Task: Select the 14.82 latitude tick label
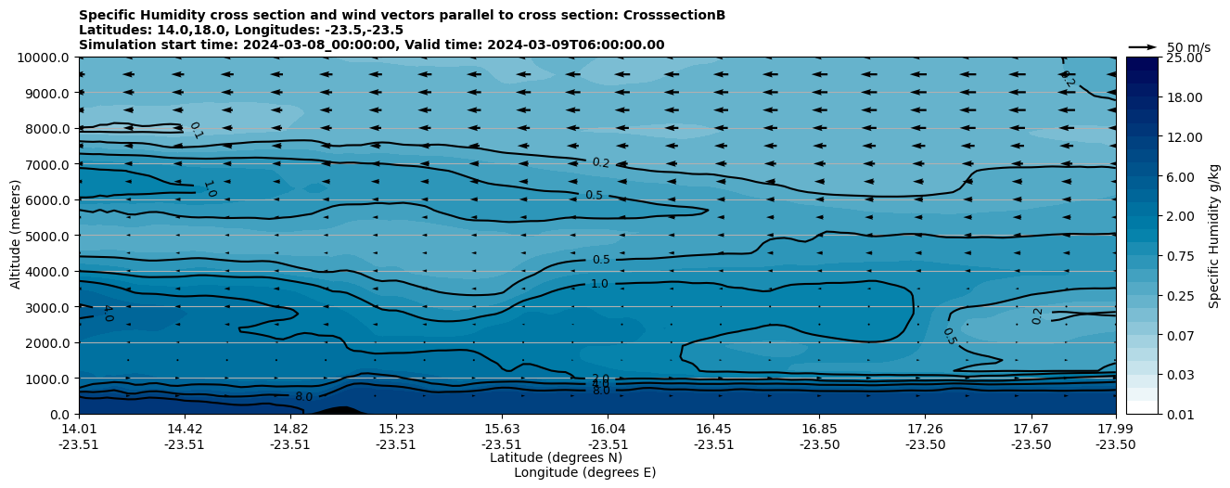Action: click(290, 429)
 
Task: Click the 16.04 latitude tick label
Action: click(608, 429)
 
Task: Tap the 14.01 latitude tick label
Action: click(79, 429)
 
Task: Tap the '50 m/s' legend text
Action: click(1188, 47)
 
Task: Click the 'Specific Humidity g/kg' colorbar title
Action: click(1214, 236)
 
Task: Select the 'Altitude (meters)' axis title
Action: click(16, 236)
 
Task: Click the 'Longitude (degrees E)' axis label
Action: click(584, 472)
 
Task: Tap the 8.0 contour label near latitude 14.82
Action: click(303, 397)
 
